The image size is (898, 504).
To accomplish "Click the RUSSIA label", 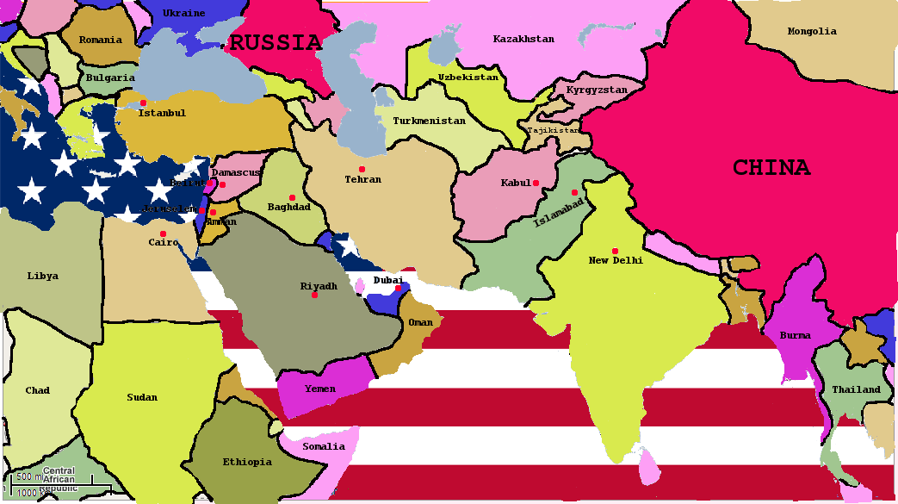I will click(x=276, y=43).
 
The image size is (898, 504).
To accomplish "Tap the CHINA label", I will click(x=771, y=168).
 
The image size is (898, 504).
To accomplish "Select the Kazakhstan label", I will click(x=523, y=39).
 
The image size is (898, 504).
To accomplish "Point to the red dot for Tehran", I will click(x=362, y=169).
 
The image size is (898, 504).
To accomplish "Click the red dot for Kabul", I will click(x=536, y=183).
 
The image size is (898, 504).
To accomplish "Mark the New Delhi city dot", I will click(x=615, y=251).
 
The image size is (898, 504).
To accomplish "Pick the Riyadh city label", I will click(x=319, y=286).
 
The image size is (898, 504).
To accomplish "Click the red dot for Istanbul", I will click(x=143, y=103).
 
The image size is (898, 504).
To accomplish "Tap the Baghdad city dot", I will click(x=292, y=197).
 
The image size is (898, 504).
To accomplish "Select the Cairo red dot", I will click(x=163, y=233).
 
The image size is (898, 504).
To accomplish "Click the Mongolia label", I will click(x=812, y=32).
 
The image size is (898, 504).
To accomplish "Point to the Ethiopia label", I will click(x=247, y=462).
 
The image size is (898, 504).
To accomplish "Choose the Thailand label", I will click(x=856, y=389).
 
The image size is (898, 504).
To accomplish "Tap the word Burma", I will click(x=795, y=335).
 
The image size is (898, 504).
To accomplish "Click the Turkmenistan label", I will click(x=429, y=121).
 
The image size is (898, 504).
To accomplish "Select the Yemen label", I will click(x=320, y=389).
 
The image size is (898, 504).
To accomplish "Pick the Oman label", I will click(x=421, y=322).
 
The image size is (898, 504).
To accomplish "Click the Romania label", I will click(x=101, y=40).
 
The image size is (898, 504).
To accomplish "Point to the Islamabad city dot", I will click(x=574, y=192).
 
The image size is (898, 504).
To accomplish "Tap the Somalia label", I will click(x=324, y=446).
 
